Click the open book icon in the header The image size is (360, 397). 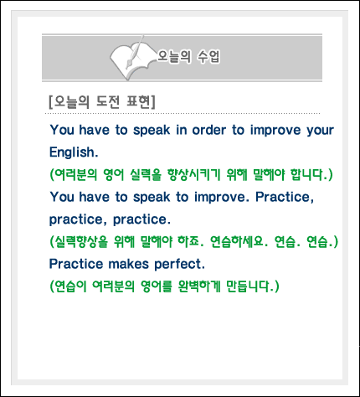132,59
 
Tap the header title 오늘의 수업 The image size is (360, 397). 188,57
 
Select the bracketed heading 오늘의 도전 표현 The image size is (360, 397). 102,102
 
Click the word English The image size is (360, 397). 74,152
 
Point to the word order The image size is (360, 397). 209,130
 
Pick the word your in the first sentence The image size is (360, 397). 320,131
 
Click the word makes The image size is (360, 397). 128,264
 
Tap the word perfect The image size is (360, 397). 179,264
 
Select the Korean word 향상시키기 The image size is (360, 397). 193,175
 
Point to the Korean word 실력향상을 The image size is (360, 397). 79,241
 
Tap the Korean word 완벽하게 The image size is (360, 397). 199,286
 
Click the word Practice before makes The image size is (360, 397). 76,264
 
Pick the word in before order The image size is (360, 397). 182,130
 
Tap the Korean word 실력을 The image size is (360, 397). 146,175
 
